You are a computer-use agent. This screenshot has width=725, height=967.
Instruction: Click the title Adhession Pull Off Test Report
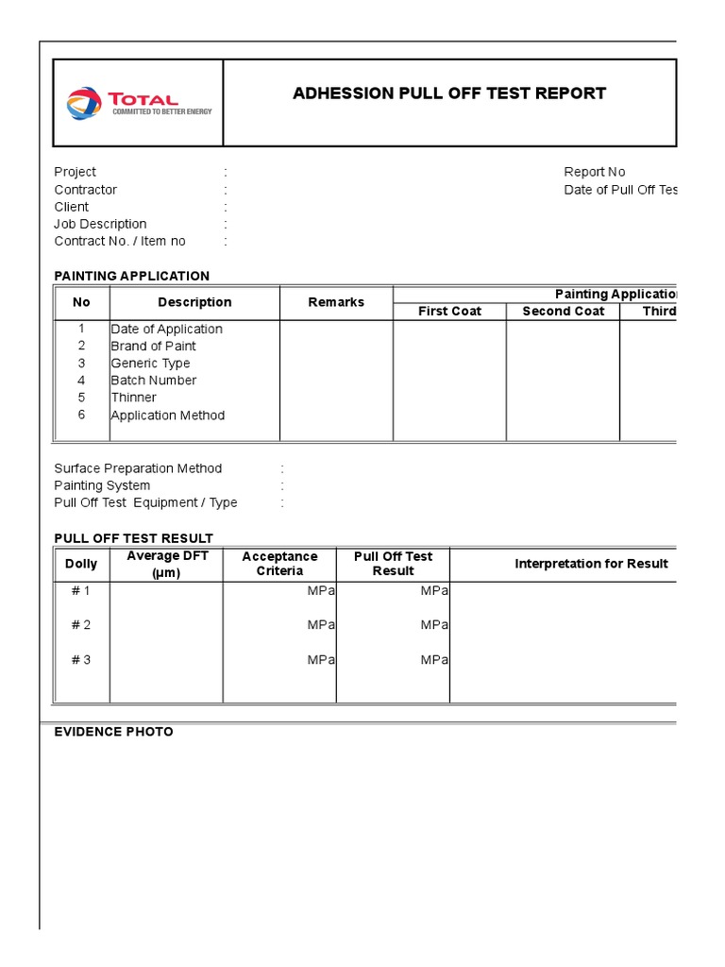[x=449, y=93]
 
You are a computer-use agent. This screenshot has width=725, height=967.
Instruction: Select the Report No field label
[x=595, y=172]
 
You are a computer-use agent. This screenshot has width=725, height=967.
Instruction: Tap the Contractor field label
[x=86, y=190]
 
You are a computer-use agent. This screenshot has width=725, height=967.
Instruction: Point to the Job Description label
[x=100, y=224]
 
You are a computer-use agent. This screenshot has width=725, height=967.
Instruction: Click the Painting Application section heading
[x=132, y=276]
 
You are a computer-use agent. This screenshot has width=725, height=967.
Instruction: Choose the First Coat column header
[x=450, y=312]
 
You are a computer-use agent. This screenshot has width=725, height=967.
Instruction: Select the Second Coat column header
[x=564, y=312]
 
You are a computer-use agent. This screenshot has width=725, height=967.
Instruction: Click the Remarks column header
[x=336, y=302]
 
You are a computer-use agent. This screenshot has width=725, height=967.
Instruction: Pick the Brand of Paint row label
[x=153, y=346]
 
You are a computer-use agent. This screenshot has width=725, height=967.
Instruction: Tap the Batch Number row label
[x=153, y=381]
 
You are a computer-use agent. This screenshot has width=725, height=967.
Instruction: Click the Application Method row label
[x=167, y=416]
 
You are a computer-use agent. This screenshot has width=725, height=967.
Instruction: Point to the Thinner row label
[x=133, y=398]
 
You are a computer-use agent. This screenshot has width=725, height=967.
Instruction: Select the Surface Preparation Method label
[x=138, y=468]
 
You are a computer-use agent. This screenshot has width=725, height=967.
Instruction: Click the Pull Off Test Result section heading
[x=134, y=538]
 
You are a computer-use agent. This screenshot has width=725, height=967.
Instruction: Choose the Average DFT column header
[x=167, y=564]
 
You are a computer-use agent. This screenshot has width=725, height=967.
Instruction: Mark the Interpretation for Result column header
[x=591, y=564]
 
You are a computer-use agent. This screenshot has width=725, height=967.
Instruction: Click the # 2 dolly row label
[x=81, y=625]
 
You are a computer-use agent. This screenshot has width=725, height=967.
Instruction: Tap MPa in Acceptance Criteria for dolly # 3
[x=321, y=660]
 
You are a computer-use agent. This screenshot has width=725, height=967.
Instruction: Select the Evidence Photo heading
[x=114, y=732]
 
